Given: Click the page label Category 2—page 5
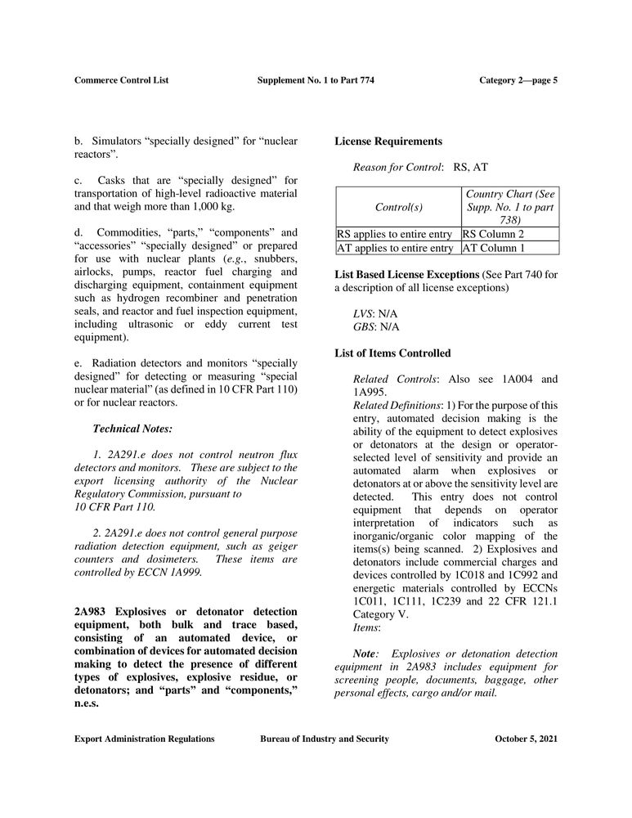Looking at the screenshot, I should tap(518, 80).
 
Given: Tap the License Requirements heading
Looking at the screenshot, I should tap(388, 142).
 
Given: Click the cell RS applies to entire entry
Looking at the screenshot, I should tap(398, 233).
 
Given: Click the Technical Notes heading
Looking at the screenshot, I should tap(132, 428).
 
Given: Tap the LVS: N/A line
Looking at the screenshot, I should tap(375, 313).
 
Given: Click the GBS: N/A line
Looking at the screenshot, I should tap(376, 326).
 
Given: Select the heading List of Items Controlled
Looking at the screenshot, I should tap(392, 353).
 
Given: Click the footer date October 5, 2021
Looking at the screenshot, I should tap(526, 739).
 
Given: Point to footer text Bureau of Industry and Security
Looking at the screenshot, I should tap(325, 739).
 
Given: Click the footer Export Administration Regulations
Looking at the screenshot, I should tap(145, 739).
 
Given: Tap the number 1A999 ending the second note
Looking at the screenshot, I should tap(182, 572).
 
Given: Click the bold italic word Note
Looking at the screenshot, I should tap(365, 654).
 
